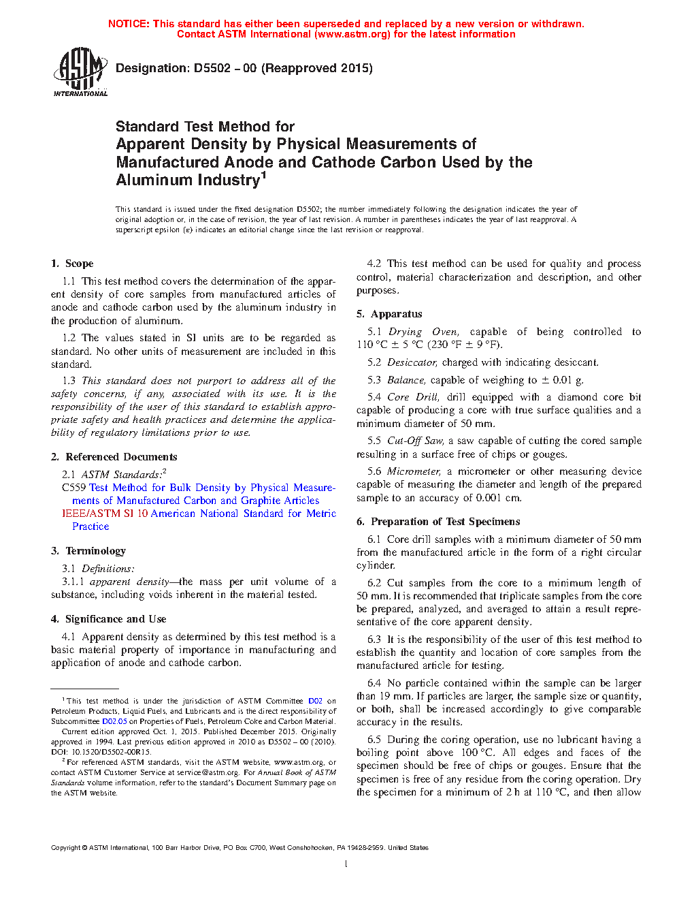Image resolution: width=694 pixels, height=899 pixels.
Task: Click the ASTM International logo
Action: coord(80,71)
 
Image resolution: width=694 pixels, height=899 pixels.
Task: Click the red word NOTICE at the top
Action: coord(129,24)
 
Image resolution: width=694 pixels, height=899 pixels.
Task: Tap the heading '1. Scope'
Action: coord(72,264)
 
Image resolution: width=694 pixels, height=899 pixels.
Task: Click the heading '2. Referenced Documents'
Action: coord(114,457)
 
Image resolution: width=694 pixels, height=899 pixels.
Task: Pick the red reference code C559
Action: coord(73,488)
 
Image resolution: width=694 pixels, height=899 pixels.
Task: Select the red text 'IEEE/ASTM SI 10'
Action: coord(105,514)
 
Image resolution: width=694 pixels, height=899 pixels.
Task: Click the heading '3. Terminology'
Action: coord(88,551)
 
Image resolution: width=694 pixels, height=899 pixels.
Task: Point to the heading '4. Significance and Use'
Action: coord(108,619)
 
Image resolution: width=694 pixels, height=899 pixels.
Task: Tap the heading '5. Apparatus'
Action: coord(389,314)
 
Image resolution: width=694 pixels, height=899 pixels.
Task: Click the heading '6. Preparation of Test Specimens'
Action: coord(438,522)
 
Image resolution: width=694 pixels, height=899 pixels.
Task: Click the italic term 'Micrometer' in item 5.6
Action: coord(414,471)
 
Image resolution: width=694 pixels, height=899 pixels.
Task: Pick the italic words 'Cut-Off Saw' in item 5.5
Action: coord(415,441)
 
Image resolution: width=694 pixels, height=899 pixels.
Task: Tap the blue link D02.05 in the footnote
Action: coord(114,721)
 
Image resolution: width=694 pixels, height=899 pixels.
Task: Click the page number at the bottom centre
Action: coord(346,864)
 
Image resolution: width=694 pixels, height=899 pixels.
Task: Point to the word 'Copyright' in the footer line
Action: coord(65,848)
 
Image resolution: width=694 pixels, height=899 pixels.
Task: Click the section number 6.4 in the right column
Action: coord(374,683)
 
